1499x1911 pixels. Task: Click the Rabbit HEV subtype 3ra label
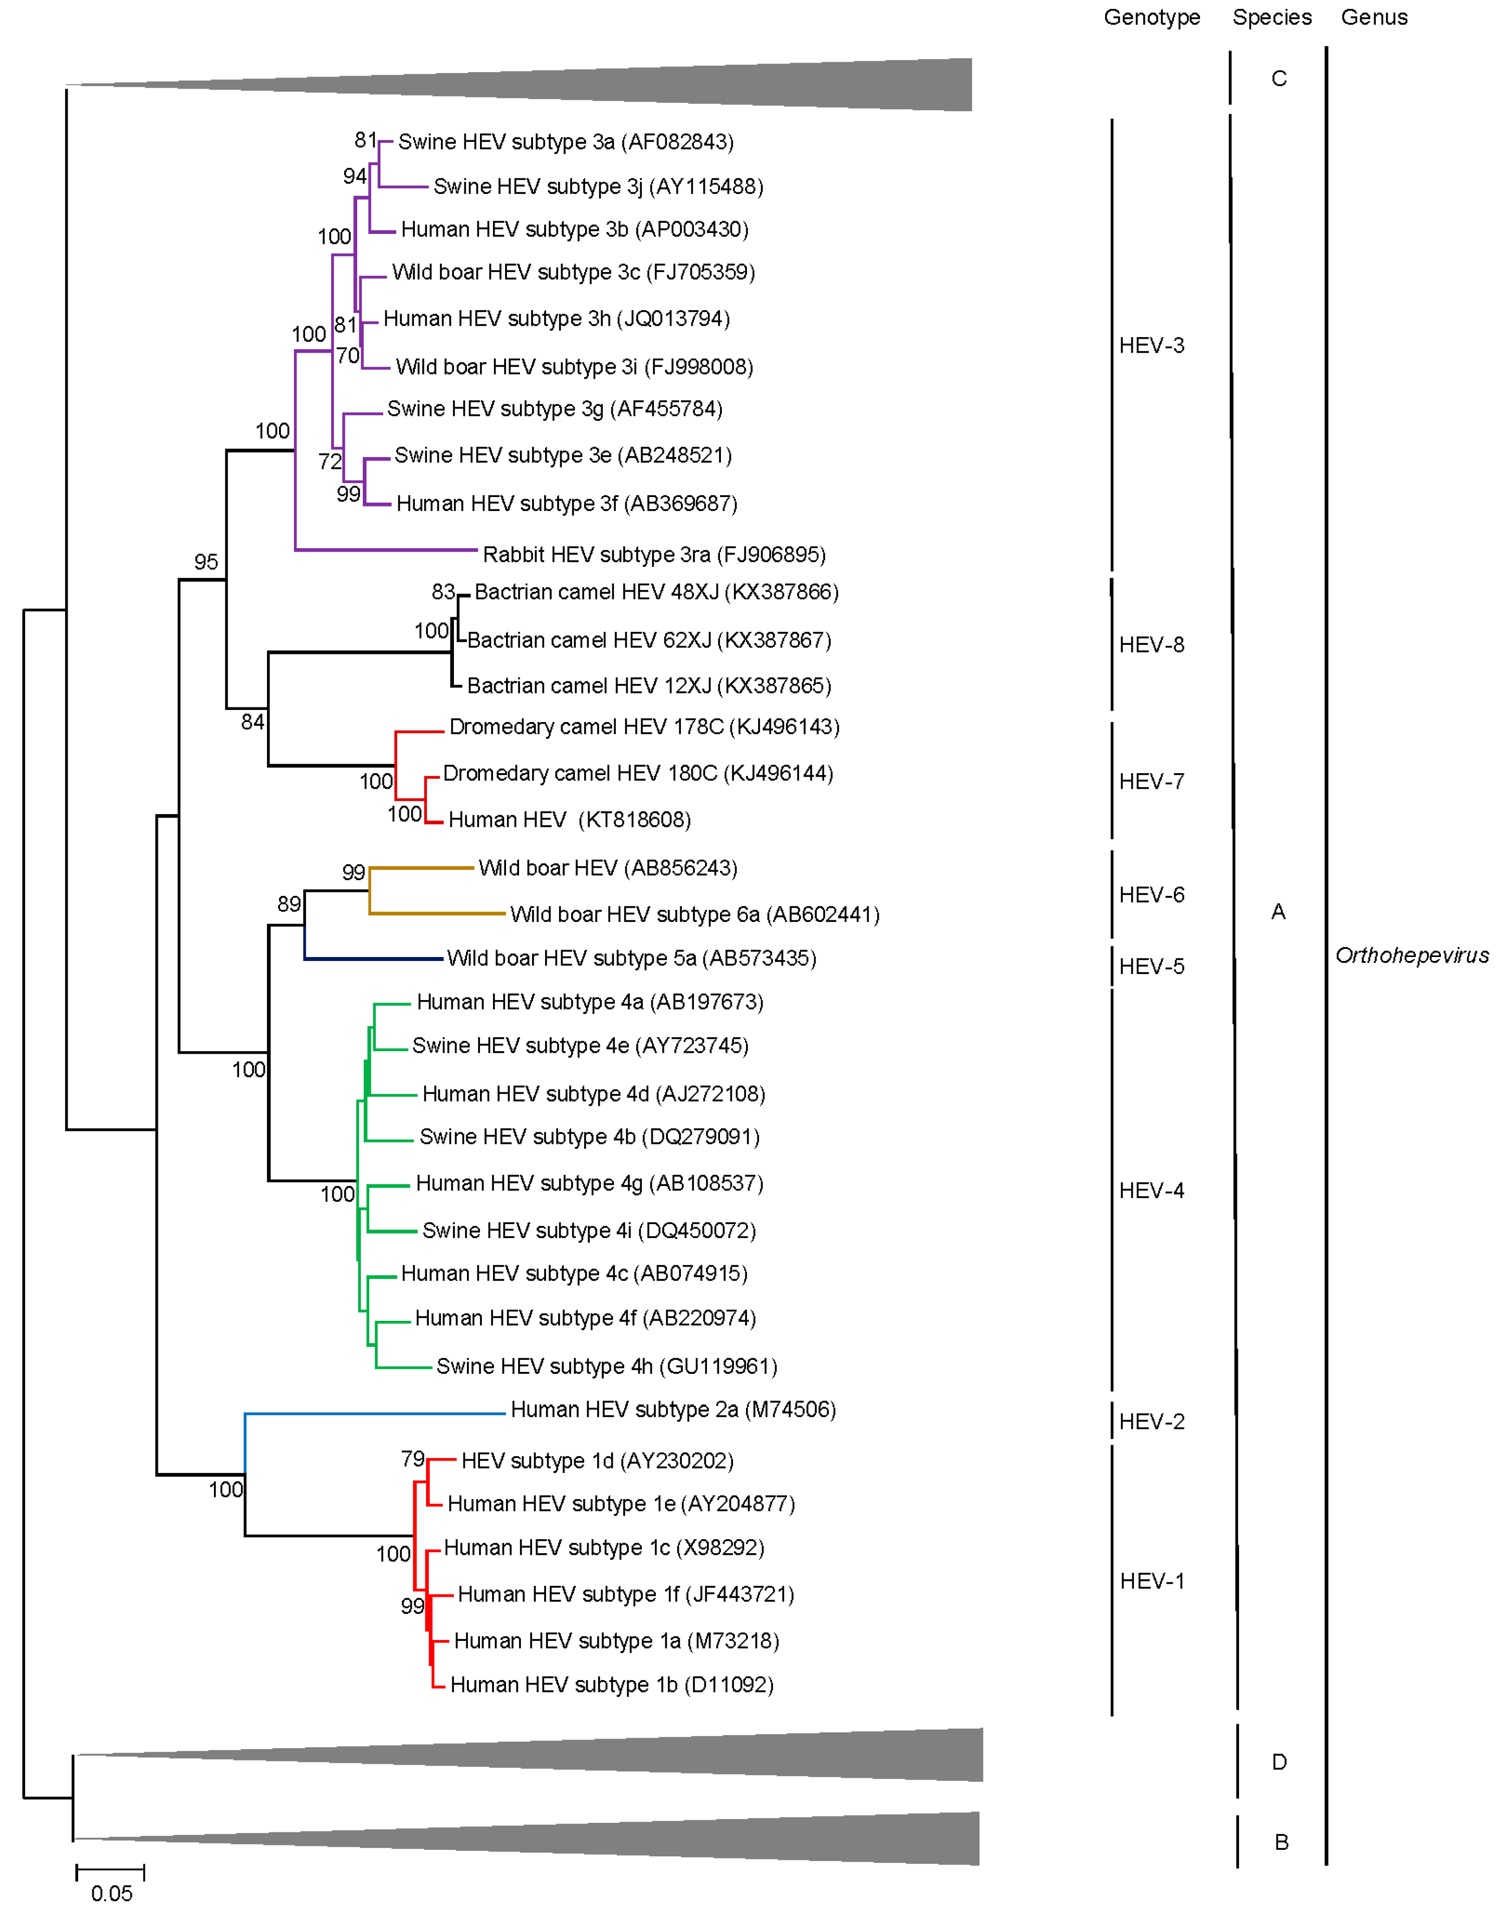[x=654, y=555]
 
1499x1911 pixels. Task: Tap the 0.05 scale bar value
[x=111, y=1893]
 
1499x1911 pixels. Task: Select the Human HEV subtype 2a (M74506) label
[x=673, y=1410]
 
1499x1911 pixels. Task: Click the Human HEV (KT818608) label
[x=570, y=820]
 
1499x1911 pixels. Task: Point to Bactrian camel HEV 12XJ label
[x=649, y=685]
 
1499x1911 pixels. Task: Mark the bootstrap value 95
[x=206, y=562]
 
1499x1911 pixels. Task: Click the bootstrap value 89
[x=289, y=904]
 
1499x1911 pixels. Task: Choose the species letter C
[x=1279, y=79]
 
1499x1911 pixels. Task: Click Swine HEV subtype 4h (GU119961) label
[x=606, y=1367]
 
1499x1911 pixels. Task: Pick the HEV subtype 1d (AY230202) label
[x=597, y=1461]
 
